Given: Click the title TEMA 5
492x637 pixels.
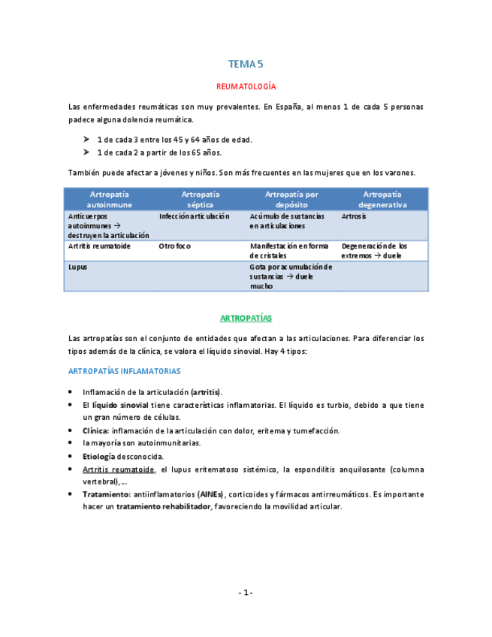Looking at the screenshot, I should coord(246,65).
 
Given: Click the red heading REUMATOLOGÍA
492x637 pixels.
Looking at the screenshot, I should coord(246,87).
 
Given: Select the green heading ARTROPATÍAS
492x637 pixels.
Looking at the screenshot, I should coord(246,318).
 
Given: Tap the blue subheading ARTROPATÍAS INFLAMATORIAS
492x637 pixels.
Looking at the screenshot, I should coord(123,371).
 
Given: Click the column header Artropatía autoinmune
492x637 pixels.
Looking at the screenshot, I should coord(110,199).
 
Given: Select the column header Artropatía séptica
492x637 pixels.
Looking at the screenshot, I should coord(201,199).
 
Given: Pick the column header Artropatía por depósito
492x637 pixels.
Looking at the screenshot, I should coord(291,199).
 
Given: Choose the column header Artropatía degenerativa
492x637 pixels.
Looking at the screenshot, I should coord(382,199).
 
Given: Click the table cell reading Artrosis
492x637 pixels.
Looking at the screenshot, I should coord(354,216).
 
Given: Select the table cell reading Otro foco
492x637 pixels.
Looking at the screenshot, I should coord(175,246).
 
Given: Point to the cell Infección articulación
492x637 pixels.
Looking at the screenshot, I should coord(194,216).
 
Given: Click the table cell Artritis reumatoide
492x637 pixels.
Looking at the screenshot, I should coord(99,246).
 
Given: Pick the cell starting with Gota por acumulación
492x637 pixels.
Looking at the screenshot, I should coord(291,276).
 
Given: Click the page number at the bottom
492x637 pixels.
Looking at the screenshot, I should coord(246,593).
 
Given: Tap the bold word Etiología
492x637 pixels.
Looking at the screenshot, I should coord(99,456).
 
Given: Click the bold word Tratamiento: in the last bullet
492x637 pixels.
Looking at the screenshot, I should coord(107,494).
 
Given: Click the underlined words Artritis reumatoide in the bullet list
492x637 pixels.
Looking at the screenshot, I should coord(118,469).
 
